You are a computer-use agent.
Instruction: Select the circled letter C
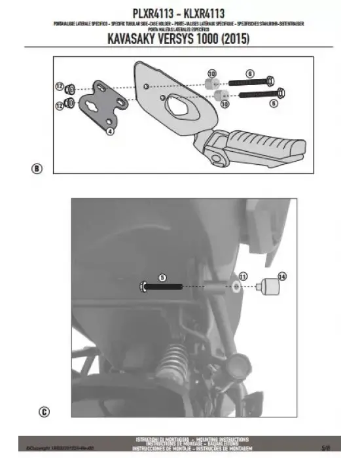(43, 412)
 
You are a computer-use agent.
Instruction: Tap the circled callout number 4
(110, 132)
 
